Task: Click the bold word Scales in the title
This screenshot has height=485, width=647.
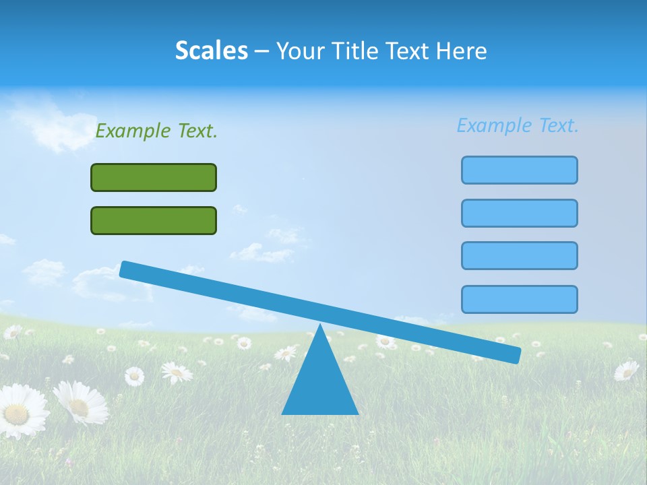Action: click(211, 51)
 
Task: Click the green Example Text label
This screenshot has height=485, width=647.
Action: click(156, 131)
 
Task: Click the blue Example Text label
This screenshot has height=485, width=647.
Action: click(518, 125)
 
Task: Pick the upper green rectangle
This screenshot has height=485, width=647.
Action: click(154, 177)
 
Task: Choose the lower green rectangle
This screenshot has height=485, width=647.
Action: click(154, 220)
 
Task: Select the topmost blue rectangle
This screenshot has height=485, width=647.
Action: click(519, 170)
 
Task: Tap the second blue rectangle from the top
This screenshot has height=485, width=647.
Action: click(519, 213)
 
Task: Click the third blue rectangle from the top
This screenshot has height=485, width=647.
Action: click(519, 255)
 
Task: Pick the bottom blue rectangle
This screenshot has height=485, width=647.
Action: click(519, 299)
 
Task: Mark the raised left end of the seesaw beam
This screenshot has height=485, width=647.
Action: click(126, 269)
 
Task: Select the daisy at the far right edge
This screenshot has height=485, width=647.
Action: click(627, 370)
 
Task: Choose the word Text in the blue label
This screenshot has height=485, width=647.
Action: click(558, 125)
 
